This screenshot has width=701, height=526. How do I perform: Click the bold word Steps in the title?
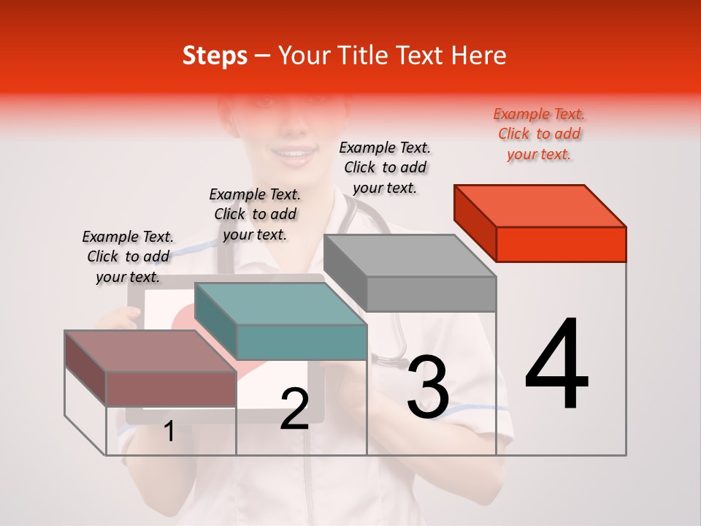[x=215, y=56]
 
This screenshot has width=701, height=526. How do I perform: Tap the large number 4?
[x=557, y=365]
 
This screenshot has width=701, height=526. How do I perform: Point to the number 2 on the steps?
[x=294, y=408]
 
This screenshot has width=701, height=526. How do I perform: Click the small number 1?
[x=169, y=432]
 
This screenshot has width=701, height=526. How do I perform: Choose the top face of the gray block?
[x=409, y=256]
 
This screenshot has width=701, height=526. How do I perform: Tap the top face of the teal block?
[x=280, y=304]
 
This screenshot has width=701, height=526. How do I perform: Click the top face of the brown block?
[x=150, y=351]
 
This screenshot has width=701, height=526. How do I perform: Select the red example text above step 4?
[x=539, y=134]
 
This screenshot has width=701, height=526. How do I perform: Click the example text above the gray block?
[x=385, y=167]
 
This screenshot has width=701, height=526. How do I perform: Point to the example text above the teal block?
[x=255, y=214]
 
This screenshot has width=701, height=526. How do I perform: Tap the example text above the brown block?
[x=128, y=256]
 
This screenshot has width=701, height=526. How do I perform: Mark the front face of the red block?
[x=561, y=244]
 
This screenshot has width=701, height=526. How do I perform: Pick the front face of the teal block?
[x=302, y=342]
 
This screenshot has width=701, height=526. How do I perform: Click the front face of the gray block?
[x=431, y=294]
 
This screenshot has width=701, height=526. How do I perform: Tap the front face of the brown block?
[x=171, y=389]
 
